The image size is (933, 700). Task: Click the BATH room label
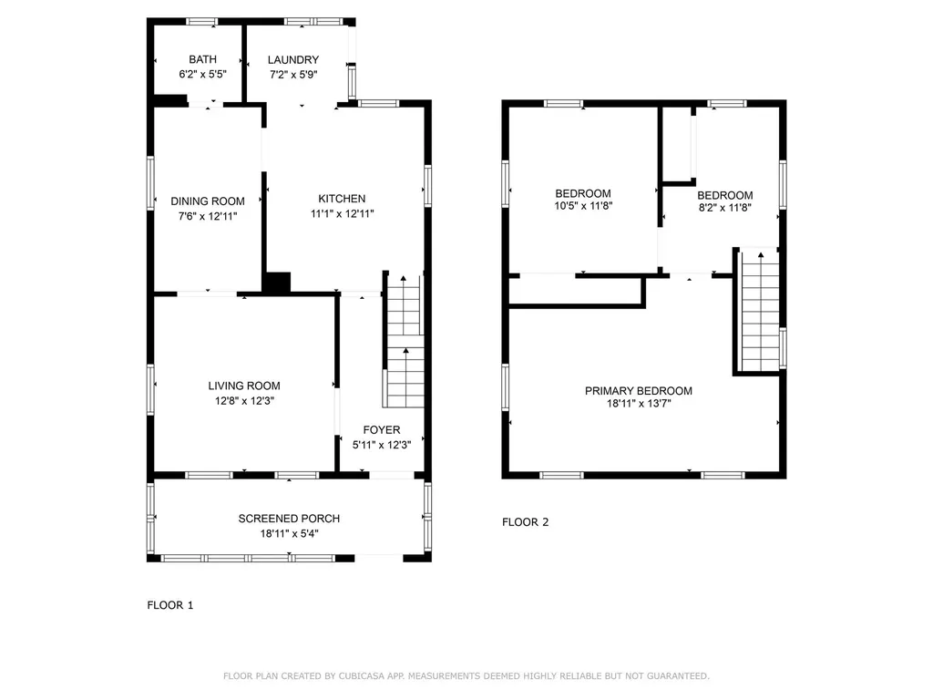[202, 59]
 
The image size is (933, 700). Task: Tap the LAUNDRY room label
[292, 59]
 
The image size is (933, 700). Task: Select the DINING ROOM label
[208, 201]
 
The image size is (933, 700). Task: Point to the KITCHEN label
[342, 199]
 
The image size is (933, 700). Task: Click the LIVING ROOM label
[244, 386]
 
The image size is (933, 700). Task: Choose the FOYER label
[382, 430]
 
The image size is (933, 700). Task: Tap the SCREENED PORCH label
[289, 519]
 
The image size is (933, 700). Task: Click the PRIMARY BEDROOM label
[639, 391]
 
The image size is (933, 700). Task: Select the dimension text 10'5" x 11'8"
[583, 206]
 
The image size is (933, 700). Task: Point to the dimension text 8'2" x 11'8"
[724, 208]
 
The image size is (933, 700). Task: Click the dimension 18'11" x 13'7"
[639, 404]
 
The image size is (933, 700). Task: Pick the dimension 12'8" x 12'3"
[244, 401]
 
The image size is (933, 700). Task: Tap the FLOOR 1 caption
[170, 605]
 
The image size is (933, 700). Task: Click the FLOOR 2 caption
[526, 522]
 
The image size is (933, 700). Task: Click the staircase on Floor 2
[759, 311]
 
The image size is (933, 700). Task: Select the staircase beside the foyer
[404, 341]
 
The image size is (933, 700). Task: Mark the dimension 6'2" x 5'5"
[202, 75]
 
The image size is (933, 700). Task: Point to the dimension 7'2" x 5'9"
[293, 75]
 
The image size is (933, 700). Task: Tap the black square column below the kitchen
[277, 283]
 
